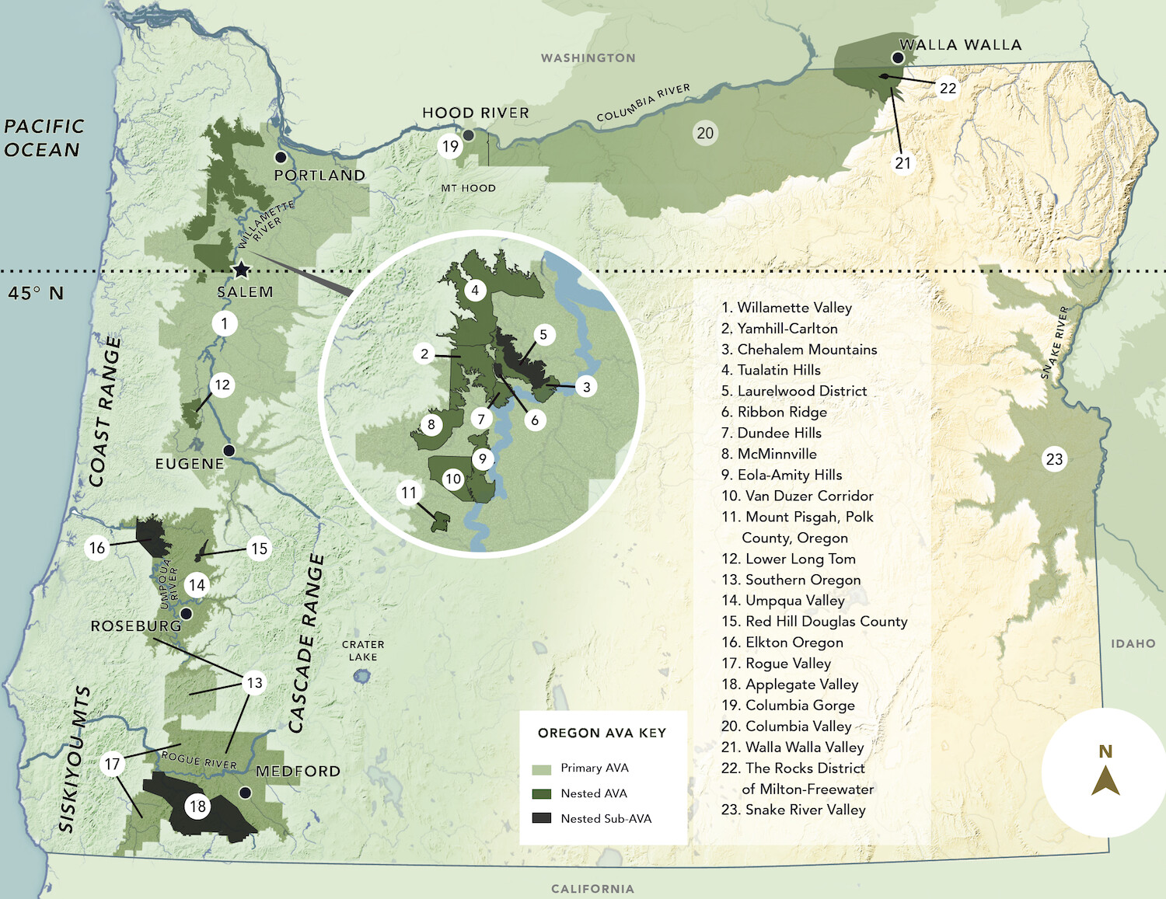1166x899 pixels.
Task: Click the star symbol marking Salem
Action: click(242, 270)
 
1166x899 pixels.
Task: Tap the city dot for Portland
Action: click(281, 158)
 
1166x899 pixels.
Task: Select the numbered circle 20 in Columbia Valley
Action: click(705, 133)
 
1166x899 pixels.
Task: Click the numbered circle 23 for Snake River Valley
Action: click(1054, 459)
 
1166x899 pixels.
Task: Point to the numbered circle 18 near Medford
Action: click(197, 807)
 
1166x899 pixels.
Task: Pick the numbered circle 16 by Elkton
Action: click(97, 548)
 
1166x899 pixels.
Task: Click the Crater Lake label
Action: click(363, 650)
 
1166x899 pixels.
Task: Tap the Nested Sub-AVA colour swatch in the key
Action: click(541, 818)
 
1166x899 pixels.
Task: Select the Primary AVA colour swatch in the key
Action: click(541, 768)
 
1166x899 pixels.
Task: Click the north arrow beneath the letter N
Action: click(1105, 781)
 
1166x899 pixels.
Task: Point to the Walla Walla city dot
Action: click(898, 58)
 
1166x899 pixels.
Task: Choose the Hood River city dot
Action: click(469, 135)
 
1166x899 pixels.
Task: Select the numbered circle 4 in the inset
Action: click(475, 291)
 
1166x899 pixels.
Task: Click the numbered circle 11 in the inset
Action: click(409, 493)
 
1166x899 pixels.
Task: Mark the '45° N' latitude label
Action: click(36, 293)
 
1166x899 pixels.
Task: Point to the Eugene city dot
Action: click(229, 451)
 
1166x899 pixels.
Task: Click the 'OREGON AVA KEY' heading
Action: click(602, 733)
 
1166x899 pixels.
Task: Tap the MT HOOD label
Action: click(468, 188)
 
